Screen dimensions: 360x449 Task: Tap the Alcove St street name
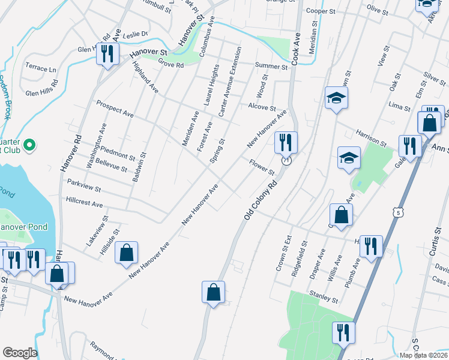262,107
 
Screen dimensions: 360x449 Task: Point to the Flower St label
262,167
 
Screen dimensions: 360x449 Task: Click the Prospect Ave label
115,108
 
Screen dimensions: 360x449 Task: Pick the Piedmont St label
118,152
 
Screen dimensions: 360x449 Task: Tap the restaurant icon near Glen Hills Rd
108,54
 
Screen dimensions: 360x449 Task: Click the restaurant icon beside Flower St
286,142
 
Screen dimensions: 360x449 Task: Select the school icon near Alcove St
336,97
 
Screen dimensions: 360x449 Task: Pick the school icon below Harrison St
349,158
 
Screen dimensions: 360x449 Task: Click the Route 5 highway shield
396,212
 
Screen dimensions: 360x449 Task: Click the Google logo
20,353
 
